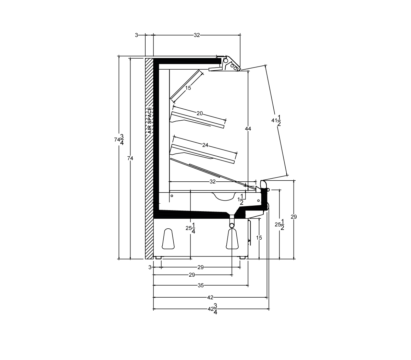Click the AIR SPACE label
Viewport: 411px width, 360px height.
(x=150, y=120)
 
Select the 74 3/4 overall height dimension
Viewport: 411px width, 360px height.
(x=119, y=140)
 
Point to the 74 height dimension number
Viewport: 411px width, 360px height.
(x=130, y=158)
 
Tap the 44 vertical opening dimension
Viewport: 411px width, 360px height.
(x=248, y=129)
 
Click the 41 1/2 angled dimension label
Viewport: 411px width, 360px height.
(x=276, y=120)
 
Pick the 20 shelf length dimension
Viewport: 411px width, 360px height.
(x=199, y=113)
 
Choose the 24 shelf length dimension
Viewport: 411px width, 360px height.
(x=205, y=145)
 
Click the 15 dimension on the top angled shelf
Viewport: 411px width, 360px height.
(x=188, y=88)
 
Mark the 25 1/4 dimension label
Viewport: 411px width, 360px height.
(x=190, y=228)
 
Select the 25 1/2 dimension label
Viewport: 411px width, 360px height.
(x=279, y=225)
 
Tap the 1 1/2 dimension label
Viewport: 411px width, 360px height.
(x=241, y=199)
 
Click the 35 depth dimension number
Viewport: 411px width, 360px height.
(x=201, y=285)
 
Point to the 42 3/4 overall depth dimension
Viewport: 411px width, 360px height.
(x=213, y=309)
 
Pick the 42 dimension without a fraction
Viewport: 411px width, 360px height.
(x=210, y=297)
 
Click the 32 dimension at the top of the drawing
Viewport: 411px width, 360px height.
(x=197, y=35)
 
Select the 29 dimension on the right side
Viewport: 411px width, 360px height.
(x=294, y=217)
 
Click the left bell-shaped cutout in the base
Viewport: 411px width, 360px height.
(x=168, y=239)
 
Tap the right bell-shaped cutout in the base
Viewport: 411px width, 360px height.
(x=232, y=239)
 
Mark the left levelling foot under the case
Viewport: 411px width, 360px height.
(x=159, y=257)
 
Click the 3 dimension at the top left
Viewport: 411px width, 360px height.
(x=136, y=35)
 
